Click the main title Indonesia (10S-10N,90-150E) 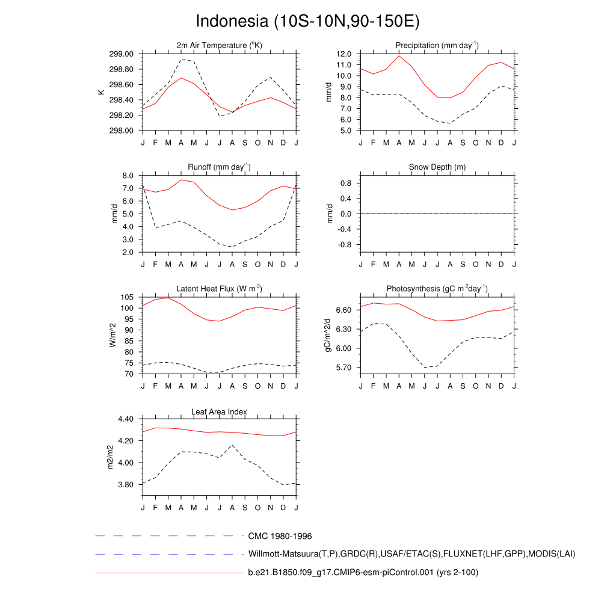click(x=307, y=22)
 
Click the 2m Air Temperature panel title click(x=219, y=46)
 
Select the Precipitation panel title click(x=437, y=46)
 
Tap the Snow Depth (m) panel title click(x=437, y=167)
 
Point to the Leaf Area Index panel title click(x=219, y=411)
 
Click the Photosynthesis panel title click(x=437, y=289)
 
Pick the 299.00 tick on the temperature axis click(x=123, y=54)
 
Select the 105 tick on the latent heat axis click(x=127, y=298)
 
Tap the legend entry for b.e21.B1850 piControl click(x=363, y=573)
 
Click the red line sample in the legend click(x=168, y=573)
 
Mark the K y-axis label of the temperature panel click(x=102, y=92)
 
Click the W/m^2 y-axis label click(x=112, y=335)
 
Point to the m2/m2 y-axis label click(x=111, y=457)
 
